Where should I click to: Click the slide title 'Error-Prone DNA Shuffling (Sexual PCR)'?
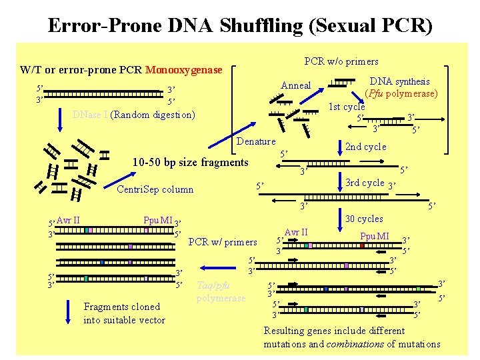tap(240, 25)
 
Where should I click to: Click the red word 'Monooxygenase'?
tap(188, 69)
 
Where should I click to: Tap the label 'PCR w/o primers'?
tap(341, 61)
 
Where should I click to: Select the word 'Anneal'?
tap(296, 85)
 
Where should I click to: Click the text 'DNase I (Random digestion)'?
tap(133, 114)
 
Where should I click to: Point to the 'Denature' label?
tap(256, 141)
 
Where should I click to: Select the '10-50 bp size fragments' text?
tap(190, 162)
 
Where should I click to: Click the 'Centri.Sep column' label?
tap(155, 189)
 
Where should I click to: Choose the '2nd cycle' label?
tap(365, 147)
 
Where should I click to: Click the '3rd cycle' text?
tap(365, 183)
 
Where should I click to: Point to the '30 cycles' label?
tap(364, 219)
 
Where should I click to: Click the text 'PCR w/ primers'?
tap(223, 241)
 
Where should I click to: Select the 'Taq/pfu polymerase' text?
tap(221, 291)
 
